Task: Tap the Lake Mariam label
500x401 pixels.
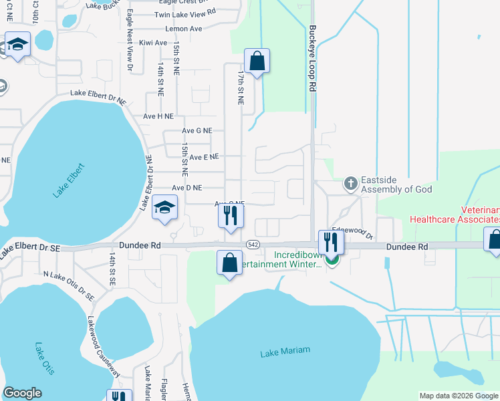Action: [x=279, y=353]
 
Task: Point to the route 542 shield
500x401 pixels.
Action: [x=252, y=245]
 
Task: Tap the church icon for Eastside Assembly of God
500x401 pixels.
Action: [x=350, y=182]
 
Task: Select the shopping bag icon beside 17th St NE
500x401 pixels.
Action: [x=257, y=61]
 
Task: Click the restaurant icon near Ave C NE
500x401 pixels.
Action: [x=231, y=216]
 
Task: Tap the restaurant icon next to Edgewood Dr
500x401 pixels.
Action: [x=331, y=241]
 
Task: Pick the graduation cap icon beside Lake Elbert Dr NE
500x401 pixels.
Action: [x=164, y=207]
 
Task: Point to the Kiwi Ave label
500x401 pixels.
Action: [x=152, y=43]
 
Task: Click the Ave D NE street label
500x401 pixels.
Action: [x=187, y=188]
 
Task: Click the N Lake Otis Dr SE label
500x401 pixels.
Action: [x=69, y=285]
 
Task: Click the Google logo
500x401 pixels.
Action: [x=22, y=393]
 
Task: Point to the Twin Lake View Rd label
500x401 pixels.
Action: [x=185, y=13]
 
